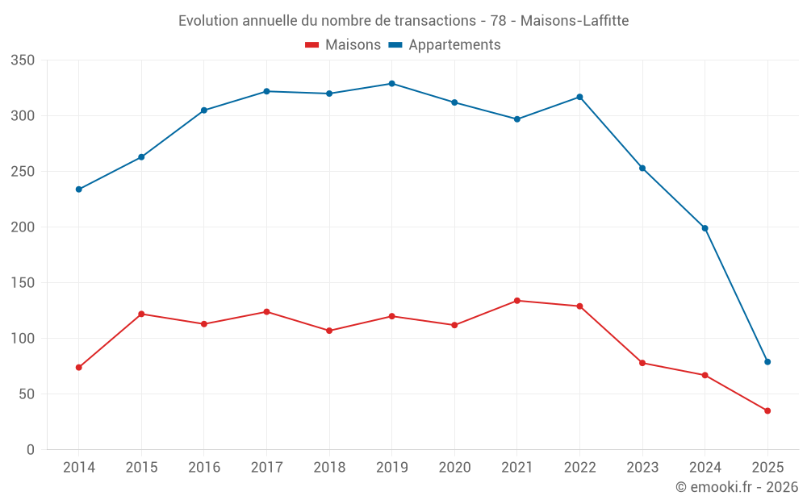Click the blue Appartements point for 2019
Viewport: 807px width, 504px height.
(391, 83)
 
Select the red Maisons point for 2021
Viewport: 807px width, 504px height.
(517, 301)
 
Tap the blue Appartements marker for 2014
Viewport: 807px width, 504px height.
(78, 190)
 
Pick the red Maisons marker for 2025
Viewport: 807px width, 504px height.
(767, 410)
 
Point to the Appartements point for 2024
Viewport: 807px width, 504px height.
(705, 228)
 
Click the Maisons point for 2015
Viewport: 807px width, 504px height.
(141, 314)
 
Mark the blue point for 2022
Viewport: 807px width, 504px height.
(579, 97)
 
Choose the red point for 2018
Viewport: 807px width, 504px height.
(329, 331)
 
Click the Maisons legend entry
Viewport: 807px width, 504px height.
(343, 45)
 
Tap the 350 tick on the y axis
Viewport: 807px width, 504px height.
(23, 60)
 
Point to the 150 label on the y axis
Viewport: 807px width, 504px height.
(23, 283)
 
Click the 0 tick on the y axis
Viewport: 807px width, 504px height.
(30, 450)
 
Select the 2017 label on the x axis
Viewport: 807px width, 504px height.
(266, 468)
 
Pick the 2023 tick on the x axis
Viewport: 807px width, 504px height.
(642, 468)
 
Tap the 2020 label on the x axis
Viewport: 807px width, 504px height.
(454, 468)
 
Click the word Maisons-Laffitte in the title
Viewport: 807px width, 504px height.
(574, 20)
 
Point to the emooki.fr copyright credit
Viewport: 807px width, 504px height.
(737, 487)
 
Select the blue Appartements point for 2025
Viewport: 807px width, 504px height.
(767, 362)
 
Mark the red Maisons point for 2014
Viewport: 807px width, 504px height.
(78, 368)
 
